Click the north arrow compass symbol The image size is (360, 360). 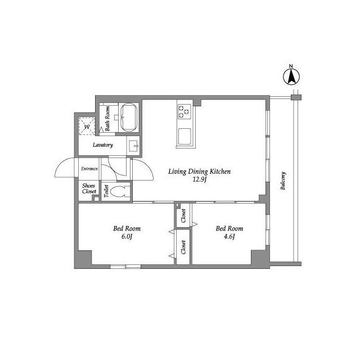[291, 77]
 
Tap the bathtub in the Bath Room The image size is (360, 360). [129, 118]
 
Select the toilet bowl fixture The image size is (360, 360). [120, 191]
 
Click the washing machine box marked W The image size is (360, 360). [87, 126]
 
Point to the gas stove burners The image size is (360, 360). [184, 111]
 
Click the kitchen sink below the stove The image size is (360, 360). [184, 136]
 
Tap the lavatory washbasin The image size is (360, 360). [133, 146]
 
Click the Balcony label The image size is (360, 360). [283, 181]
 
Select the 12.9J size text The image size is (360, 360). [200, 179]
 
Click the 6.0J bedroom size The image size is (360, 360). [127, 236]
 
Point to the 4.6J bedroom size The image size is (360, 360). [229, 236]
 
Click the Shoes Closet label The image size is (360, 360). [89, 188]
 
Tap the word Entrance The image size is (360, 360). [89, 169]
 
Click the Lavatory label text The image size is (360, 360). [103, 145]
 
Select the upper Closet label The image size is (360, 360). [183, 215]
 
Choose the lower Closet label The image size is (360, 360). [183, 247]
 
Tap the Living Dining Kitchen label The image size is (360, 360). [200, 172]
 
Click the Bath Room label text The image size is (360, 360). [107, 119]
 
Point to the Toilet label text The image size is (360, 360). [106, 191]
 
